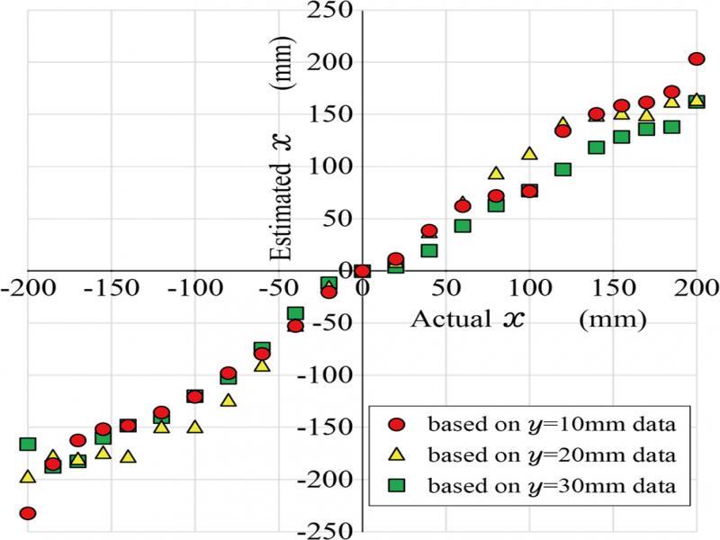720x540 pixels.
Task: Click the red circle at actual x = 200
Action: (696, 58)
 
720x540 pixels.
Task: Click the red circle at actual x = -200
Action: (28, 513)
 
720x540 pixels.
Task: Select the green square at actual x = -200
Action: (28, 444)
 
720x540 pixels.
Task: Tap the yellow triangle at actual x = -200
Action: (28, 477)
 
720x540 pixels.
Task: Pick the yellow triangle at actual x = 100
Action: (529, 154)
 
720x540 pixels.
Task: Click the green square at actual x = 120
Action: (562, 169)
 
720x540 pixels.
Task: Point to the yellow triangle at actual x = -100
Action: (194, 427)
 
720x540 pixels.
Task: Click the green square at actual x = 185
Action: (670, 127)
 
